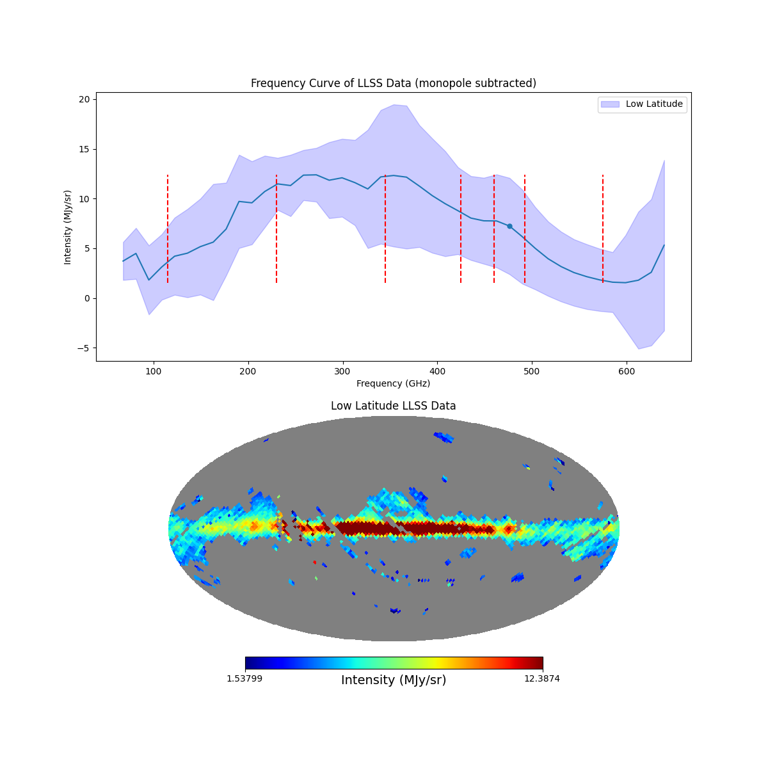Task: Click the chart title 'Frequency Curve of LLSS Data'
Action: point(393,83)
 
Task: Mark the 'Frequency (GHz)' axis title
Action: point(393,383)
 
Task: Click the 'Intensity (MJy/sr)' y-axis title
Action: point(67,227)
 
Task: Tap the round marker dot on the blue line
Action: point(509,226)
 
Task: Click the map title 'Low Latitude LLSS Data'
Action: point(393,406)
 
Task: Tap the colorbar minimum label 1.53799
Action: point(244,678)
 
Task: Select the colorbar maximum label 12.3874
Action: point(541,678)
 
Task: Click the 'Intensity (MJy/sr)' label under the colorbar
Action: point(394,680)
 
